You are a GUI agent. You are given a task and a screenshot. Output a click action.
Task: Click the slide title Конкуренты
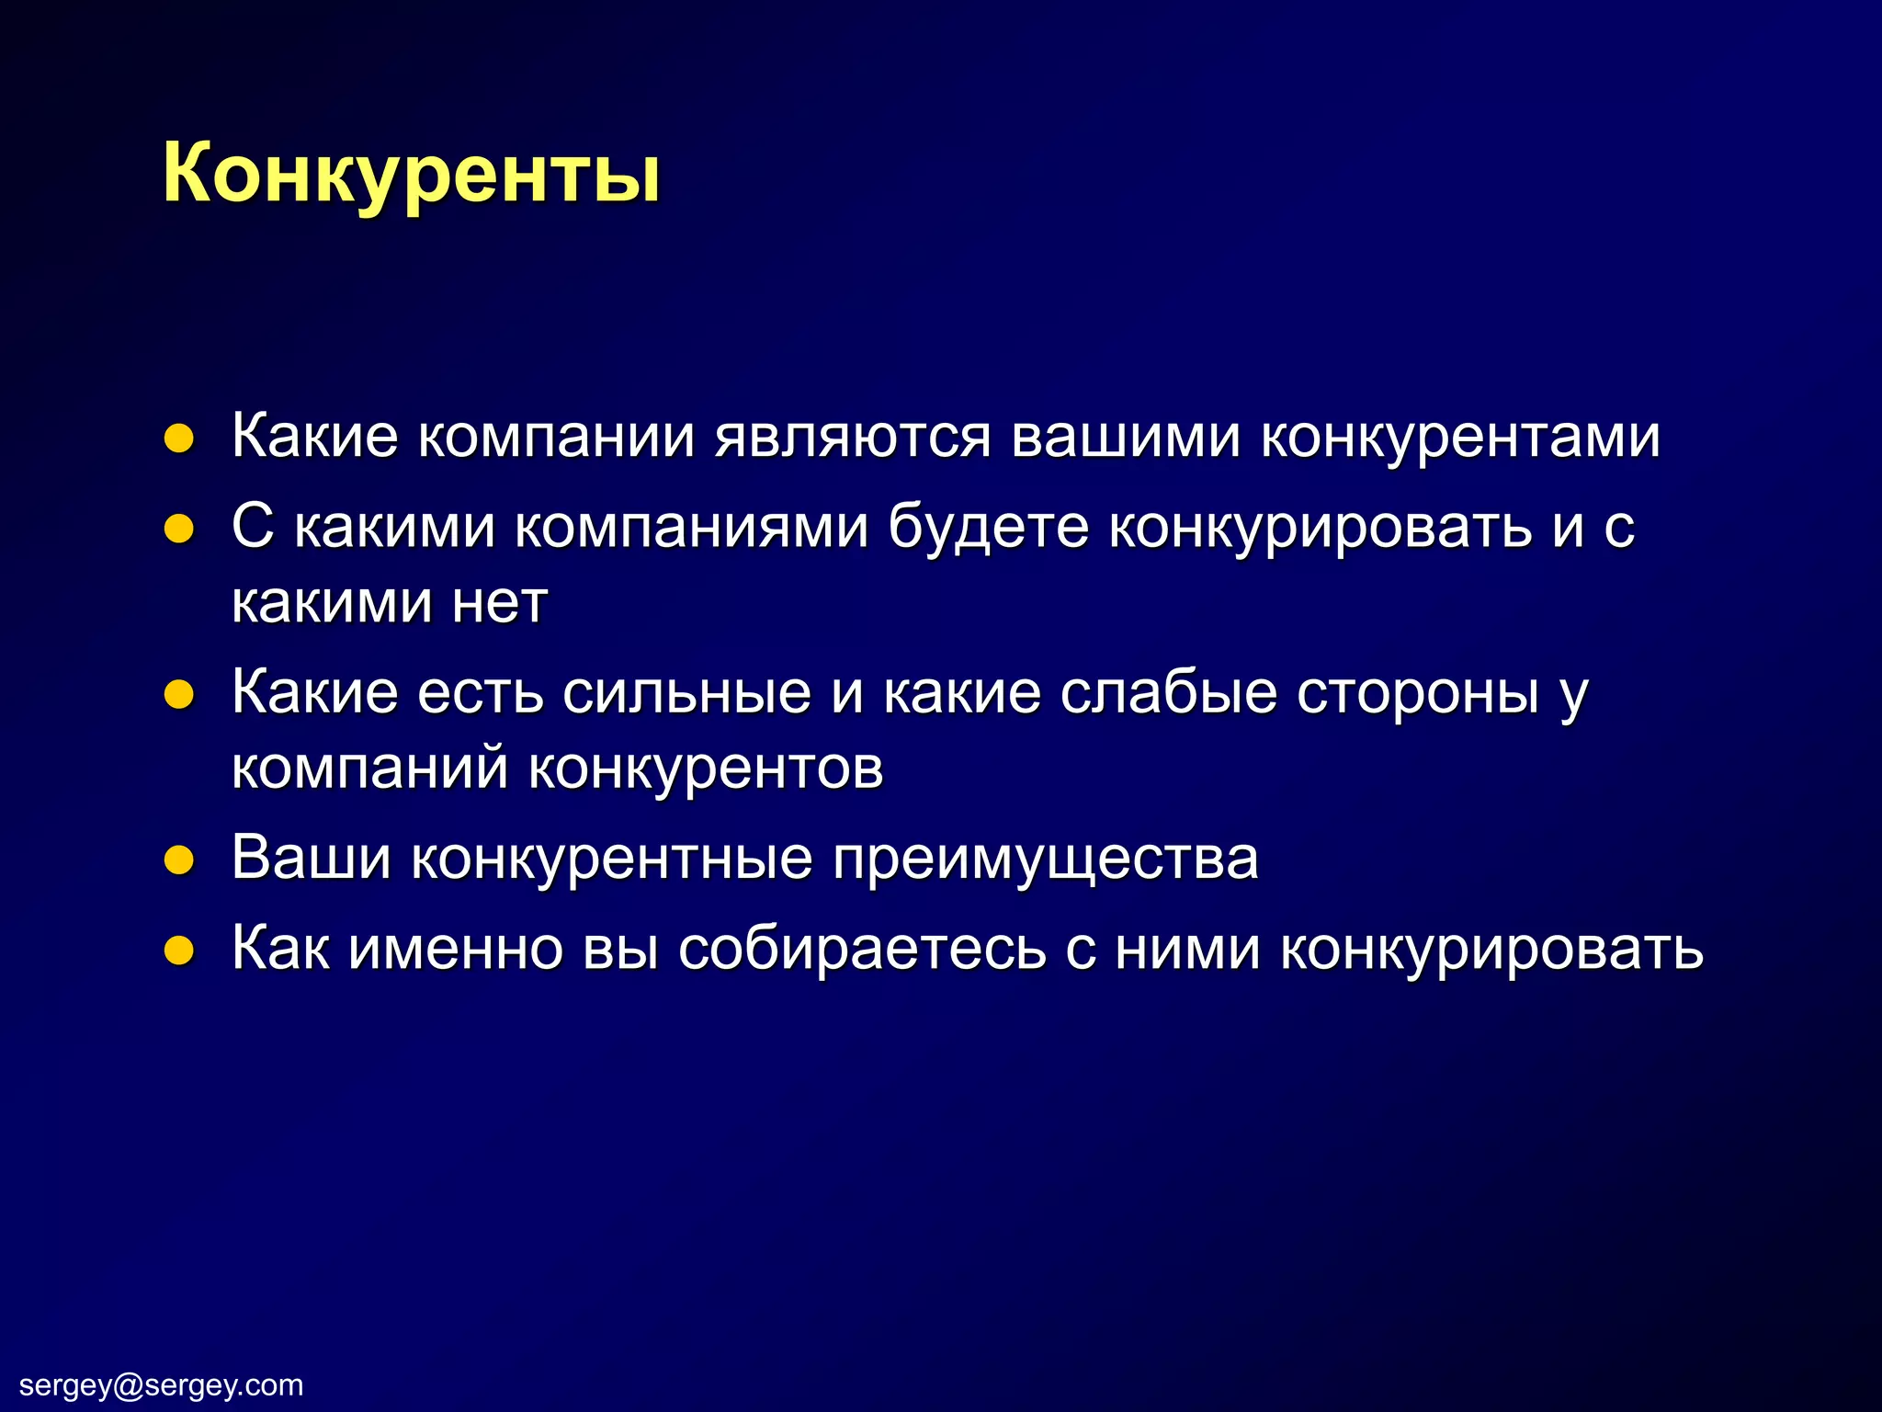(x=411, y=175)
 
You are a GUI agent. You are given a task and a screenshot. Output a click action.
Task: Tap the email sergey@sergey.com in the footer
(x=161, y=1384)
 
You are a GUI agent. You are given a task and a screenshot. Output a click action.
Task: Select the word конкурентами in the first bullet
(x=1460, y=437)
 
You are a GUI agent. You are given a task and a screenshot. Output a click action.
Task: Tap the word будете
(x=988, y=528)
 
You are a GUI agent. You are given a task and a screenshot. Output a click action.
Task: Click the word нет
(x=500, y=603)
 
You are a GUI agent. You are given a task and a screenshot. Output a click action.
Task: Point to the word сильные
(x=686, y=693)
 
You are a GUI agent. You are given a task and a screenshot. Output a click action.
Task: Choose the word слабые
(x=1168, y=693)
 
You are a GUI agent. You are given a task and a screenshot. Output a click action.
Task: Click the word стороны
(x=1417, y=693)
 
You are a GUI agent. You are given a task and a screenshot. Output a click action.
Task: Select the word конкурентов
(x=706, y=769)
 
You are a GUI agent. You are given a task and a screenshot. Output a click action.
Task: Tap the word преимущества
(x=1046, y=859)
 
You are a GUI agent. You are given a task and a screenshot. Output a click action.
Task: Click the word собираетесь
(x=862, y=949)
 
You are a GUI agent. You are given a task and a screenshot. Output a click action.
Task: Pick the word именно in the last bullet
(x=456, y=949)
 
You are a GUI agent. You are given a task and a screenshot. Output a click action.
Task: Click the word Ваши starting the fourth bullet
(x=311, y=859)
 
